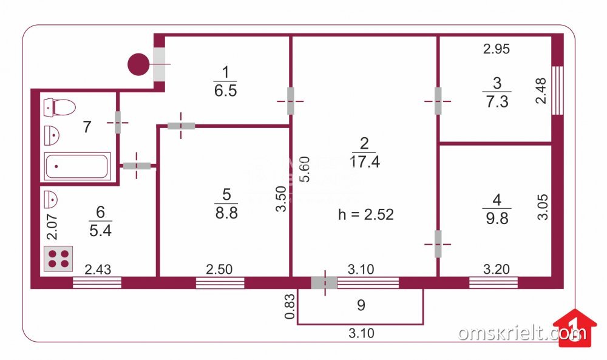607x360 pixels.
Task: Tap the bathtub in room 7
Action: (76, 166)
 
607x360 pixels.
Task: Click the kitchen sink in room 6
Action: (52, 198)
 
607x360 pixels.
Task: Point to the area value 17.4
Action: (364, 161)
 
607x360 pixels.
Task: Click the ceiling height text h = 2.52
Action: (366, 214)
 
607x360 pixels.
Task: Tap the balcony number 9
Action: (361, 305)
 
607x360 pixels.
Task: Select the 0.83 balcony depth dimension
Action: (291, 307)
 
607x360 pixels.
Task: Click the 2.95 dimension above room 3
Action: (496, 50)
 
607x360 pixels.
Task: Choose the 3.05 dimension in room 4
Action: (544, 206)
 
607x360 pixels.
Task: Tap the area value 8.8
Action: (226, 213)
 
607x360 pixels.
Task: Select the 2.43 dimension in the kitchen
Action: (98, 270)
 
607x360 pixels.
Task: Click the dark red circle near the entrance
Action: (138, 64)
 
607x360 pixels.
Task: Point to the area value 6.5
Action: (225, 91)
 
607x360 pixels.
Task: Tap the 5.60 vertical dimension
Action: (306, 170)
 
